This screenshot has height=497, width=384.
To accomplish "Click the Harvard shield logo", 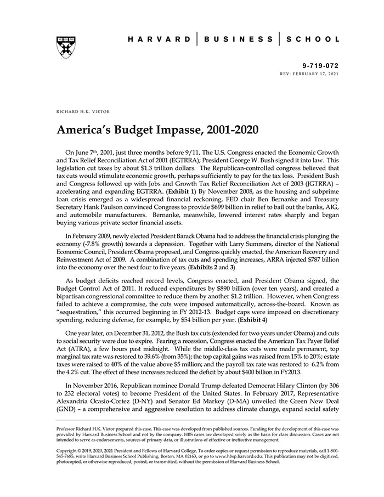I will point(65,48).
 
